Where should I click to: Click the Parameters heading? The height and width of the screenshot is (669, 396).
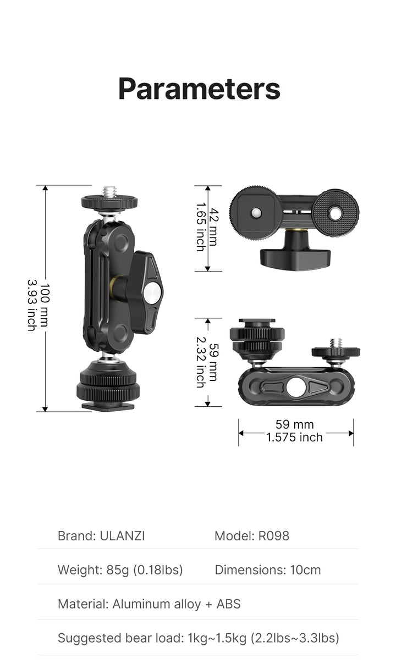click(199, 89)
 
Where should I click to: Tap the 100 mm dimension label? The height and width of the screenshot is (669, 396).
click(45, 305)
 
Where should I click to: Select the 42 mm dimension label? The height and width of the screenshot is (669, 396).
click(213, 227)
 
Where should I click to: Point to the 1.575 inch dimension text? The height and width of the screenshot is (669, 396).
click(294, 437)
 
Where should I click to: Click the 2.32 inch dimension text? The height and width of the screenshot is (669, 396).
click(201, 362)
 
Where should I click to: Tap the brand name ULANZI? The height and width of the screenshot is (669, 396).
click(122, 536)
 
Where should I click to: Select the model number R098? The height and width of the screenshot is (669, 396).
click(274, 536)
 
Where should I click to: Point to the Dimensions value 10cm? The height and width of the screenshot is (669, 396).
click(305, 570)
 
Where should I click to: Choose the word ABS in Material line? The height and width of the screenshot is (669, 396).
click(229, 604)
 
